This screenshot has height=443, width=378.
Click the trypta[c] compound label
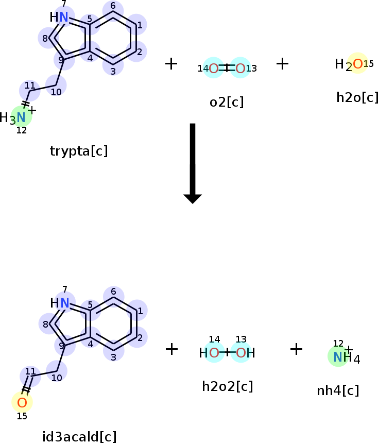tap(79, 151)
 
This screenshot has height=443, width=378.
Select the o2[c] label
tap(227, 102)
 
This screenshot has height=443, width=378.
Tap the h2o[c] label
tap(357, 97)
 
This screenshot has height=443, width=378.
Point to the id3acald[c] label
tap(79, 437)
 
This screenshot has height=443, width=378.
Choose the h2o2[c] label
tap(227, 386)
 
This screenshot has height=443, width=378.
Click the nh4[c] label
tap(338, 390)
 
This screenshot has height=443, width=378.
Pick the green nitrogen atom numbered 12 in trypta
tap(21, 117)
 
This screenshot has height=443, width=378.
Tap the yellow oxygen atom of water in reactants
tap(357, 63)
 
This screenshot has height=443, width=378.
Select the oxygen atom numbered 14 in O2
tap(214, 68)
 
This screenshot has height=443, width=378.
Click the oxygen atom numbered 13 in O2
tap(240, 68)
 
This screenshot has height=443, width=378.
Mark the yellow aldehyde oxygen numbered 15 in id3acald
tap(22, 402)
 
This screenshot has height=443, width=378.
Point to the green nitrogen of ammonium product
tap(338, 356)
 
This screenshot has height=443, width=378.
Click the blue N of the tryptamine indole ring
tap(64, 18)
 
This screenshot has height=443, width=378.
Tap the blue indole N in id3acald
tap(65, 303)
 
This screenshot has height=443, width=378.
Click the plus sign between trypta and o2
tap(171, 64)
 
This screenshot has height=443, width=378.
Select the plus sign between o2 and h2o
tap(282, 64)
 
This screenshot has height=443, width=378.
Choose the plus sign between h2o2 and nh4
tap(296, 349)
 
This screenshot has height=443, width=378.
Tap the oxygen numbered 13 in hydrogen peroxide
tap(240, 353)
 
